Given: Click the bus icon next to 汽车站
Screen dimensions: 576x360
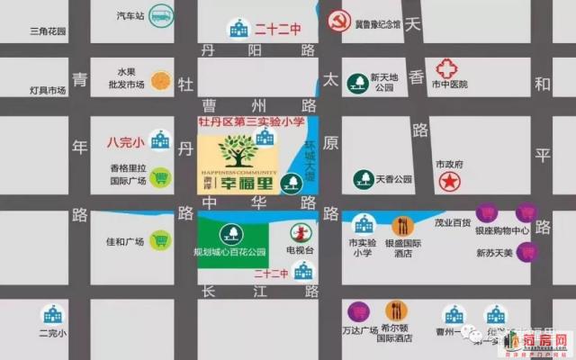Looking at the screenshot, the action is pyautogui.click(x=162, y=15).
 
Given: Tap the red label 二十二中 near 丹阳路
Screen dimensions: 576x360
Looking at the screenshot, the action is pyautogui.click(x=276, y=29).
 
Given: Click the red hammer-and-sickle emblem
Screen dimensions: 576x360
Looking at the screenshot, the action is pyautogui.click(x=339, y=24).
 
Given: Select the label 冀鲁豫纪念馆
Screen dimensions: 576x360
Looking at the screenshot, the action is pyautogui.click(x=379, y=27).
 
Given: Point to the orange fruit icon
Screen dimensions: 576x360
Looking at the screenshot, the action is pyautogui.click(x=160, y=79).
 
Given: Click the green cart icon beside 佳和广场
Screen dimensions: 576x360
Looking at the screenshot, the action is pyautogui.click(x=160, y=239).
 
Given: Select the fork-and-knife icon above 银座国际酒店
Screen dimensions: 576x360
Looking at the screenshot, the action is pyautogui.click(x=401, y=224).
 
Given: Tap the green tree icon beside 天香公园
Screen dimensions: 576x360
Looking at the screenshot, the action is pyautogui.click(x=364, y=178).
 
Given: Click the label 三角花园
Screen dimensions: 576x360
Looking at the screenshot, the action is pyautogui.click(x=48, y=31).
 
